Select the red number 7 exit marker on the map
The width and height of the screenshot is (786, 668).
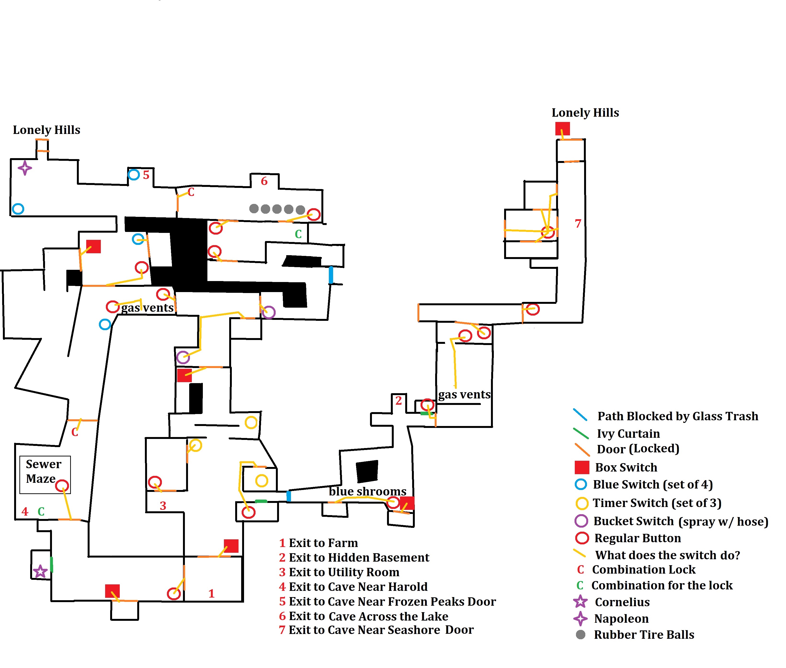[x=578, y=224]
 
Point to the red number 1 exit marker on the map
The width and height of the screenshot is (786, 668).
[x=211, y=593]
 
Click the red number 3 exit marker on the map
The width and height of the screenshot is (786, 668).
[x=163, y=506]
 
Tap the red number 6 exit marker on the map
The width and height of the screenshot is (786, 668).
[x=264, y=181]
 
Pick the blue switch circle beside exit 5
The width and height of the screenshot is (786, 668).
[x=134, y=175]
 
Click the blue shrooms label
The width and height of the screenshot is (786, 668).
[x=367, y=491]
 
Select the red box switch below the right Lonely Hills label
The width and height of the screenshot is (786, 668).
[x=562, y=129]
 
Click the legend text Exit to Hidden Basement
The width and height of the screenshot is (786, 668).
[x=359, y=557]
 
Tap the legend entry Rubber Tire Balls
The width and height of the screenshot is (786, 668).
[x=644, y=635]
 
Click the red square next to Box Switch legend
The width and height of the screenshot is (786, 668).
[x=582, y=467]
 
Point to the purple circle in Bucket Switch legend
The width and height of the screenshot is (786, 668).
[x=581, y=521]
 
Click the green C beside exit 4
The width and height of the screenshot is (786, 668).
[x=41, y=512]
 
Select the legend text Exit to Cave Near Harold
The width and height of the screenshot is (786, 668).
[x=358, y=587]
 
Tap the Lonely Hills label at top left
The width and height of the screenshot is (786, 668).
[x=46, y=130]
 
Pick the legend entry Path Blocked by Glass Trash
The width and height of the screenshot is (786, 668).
[x=677, y=416]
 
